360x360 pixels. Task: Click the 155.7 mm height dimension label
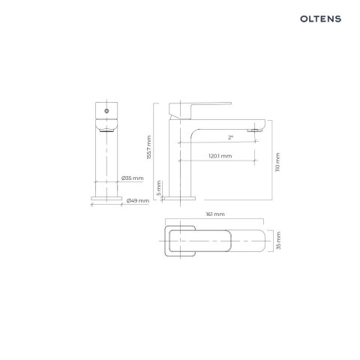coord(149,147)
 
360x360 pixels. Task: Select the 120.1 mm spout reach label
coord(220,156)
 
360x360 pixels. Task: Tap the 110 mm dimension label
coord(278,162)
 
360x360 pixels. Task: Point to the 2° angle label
coord(231,137)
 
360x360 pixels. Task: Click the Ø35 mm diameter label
coord(132,178)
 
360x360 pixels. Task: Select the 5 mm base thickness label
coord(158,186)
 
